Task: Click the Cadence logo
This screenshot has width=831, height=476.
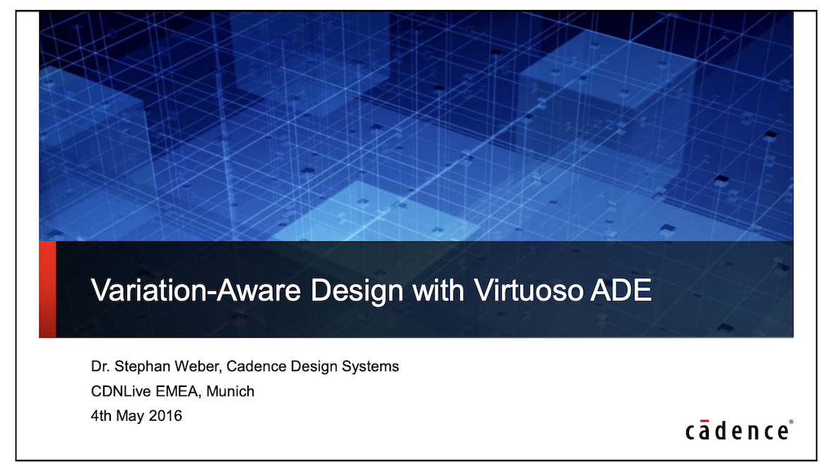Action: coord(738,431)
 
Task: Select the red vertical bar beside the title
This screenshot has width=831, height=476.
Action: coord(47,290)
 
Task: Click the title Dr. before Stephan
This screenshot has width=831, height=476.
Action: coord(100,367)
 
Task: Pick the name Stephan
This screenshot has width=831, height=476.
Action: coord(140,367)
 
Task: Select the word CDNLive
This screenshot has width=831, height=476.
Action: coord(117,391)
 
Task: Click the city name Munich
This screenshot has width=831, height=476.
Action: coord(230,391)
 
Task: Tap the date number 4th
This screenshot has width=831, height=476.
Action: coord(101,416)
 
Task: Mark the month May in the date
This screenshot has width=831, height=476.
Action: coord(130,416)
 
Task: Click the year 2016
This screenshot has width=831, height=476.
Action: coord(165,416)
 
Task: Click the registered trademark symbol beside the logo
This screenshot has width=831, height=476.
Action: coord(791,422)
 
